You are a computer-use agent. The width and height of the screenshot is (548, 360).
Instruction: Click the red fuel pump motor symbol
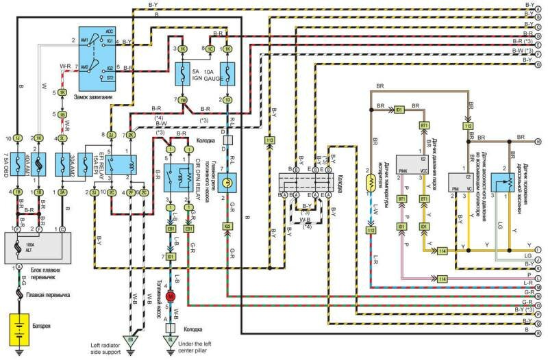point(172,296)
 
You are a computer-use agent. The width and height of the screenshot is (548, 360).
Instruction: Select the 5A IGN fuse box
point(184,73)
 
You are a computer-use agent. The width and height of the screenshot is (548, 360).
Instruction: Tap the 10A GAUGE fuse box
point(228,73)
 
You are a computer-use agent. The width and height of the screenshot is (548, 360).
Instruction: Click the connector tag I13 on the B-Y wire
point(269,141)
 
